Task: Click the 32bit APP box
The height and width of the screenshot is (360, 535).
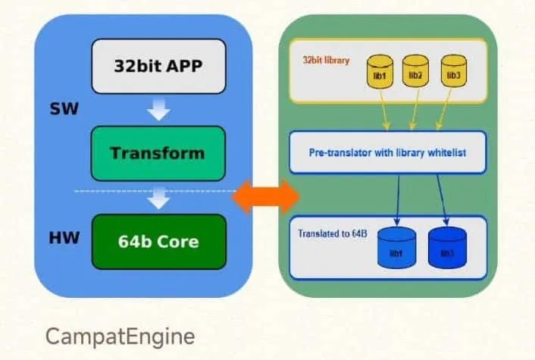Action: pyautogui.click(x=158, y=66)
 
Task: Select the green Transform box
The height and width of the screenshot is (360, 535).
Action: pyautogui.click(x=158, y=153)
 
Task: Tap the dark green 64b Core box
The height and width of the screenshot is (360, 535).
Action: pyautogui.click(x=159, y=242)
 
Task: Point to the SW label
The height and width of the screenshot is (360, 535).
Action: pyautogui.click(x=64, y=109)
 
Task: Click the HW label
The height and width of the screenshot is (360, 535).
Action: pyautogui.click(x=64, y=238)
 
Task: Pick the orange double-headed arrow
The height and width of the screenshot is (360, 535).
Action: pyautogui.click(x=265, y=197)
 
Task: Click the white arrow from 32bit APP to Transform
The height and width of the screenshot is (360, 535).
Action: pyautogui.click(x=158, y=110)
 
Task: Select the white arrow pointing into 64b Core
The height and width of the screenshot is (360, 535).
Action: pyautogui.click(x=158, y=198)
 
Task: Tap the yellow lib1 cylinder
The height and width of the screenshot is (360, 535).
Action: pyautogui.click(x=380, y=72)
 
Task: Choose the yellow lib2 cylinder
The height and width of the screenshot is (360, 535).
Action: pyautogui.click(x=415, y=71)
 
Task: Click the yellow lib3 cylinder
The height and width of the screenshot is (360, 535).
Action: pyautogui.click(x=454, y=71)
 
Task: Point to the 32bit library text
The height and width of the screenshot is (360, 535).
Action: pyautogui.click(x=326, y=61)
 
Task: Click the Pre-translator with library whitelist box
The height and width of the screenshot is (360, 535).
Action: pyautogui.click(x=387, y=152)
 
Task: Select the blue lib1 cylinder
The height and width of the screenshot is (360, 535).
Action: pyautogui.click(x=396, y=248)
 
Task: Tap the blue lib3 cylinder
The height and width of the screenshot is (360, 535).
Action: pyautogui.click(x=447, y=248)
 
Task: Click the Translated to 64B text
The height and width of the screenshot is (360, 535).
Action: pyautogui.click(x=333, y=233)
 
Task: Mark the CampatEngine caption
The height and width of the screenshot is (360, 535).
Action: pyautogui.click(x=120, y=337)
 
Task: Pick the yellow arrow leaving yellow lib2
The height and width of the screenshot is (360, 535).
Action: pyautogui.click(x=415, y=110)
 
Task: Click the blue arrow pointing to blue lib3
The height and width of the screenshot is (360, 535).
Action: pyautogui.click(x=443, y=200)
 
